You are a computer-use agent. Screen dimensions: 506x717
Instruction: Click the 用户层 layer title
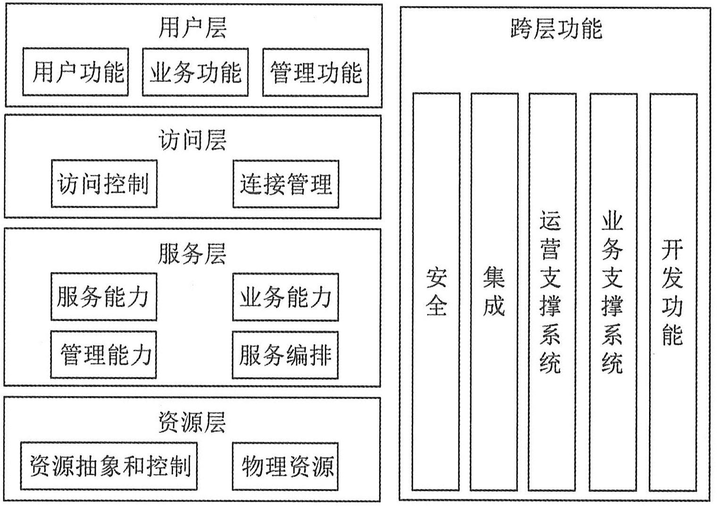coord(192,27)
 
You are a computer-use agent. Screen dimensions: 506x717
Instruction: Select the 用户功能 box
coord(76,72)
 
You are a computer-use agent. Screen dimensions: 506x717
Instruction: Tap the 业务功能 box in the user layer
coord(195,72)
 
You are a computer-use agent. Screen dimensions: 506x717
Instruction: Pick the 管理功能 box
coord(316,72)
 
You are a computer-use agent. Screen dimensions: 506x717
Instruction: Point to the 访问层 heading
coord(192,140)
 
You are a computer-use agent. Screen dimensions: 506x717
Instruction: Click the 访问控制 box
coord(104,184)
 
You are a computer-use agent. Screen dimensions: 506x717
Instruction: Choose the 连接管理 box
coord(286,184)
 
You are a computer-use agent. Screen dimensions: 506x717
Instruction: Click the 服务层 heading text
coord(192,253)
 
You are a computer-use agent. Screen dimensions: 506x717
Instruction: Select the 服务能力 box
coord(104,297)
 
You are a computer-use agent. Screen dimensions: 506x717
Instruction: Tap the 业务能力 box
coord(286,297)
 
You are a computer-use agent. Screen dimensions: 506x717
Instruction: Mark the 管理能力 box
coord(104,354)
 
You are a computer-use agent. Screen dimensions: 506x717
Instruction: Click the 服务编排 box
coord(286,354)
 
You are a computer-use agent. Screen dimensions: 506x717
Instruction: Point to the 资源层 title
coord(192,422)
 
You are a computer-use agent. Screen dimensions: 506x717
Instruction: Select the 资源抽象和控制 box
coord(109,466)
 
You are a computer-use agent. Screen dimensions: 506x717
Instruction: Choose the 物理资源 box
coord(286,466)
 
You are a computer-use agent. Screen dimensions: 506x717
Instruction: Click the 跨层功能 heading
coord(556,28)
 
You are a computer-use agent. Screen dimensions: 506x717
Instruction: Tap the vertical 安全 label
coord(436,292)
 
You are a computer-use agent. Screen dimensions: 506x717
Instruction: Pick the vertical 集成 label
coord(494,292)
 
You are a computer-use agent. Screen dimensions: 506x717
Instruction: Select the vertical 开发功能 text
coord(673,292)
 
